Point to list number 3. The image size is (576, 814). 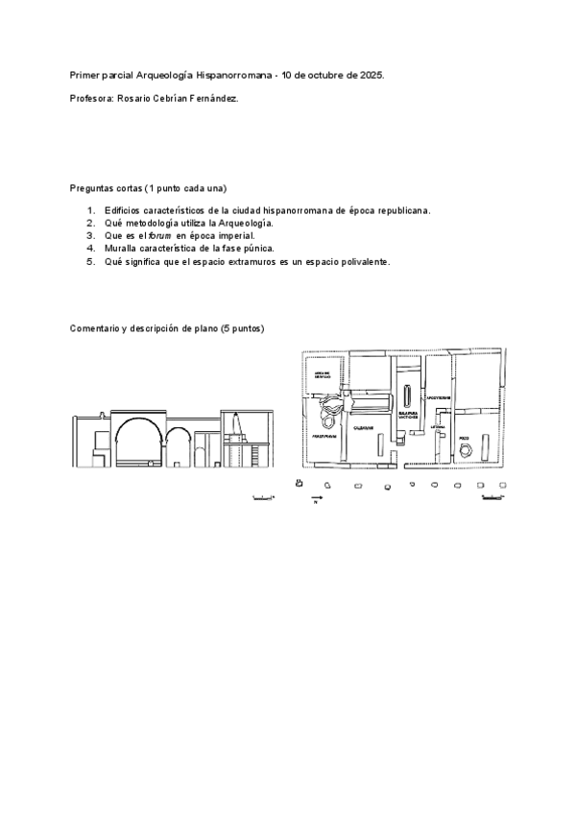90,234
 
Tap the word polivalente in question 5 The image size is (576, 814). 361,261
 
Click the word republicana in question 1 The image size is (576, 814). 398,209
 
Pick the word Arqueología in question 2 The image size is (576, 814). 244,222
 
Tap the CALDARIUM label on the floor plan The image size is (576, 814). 364,426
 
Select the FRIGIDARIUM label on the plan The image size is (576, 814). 323,437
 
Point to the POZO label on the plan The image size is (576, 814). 464,437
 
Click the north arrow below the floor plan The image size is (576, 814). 318,497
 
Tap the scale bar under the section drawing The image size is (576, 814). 260,498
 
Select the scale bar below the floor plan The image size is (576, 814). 491,498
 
